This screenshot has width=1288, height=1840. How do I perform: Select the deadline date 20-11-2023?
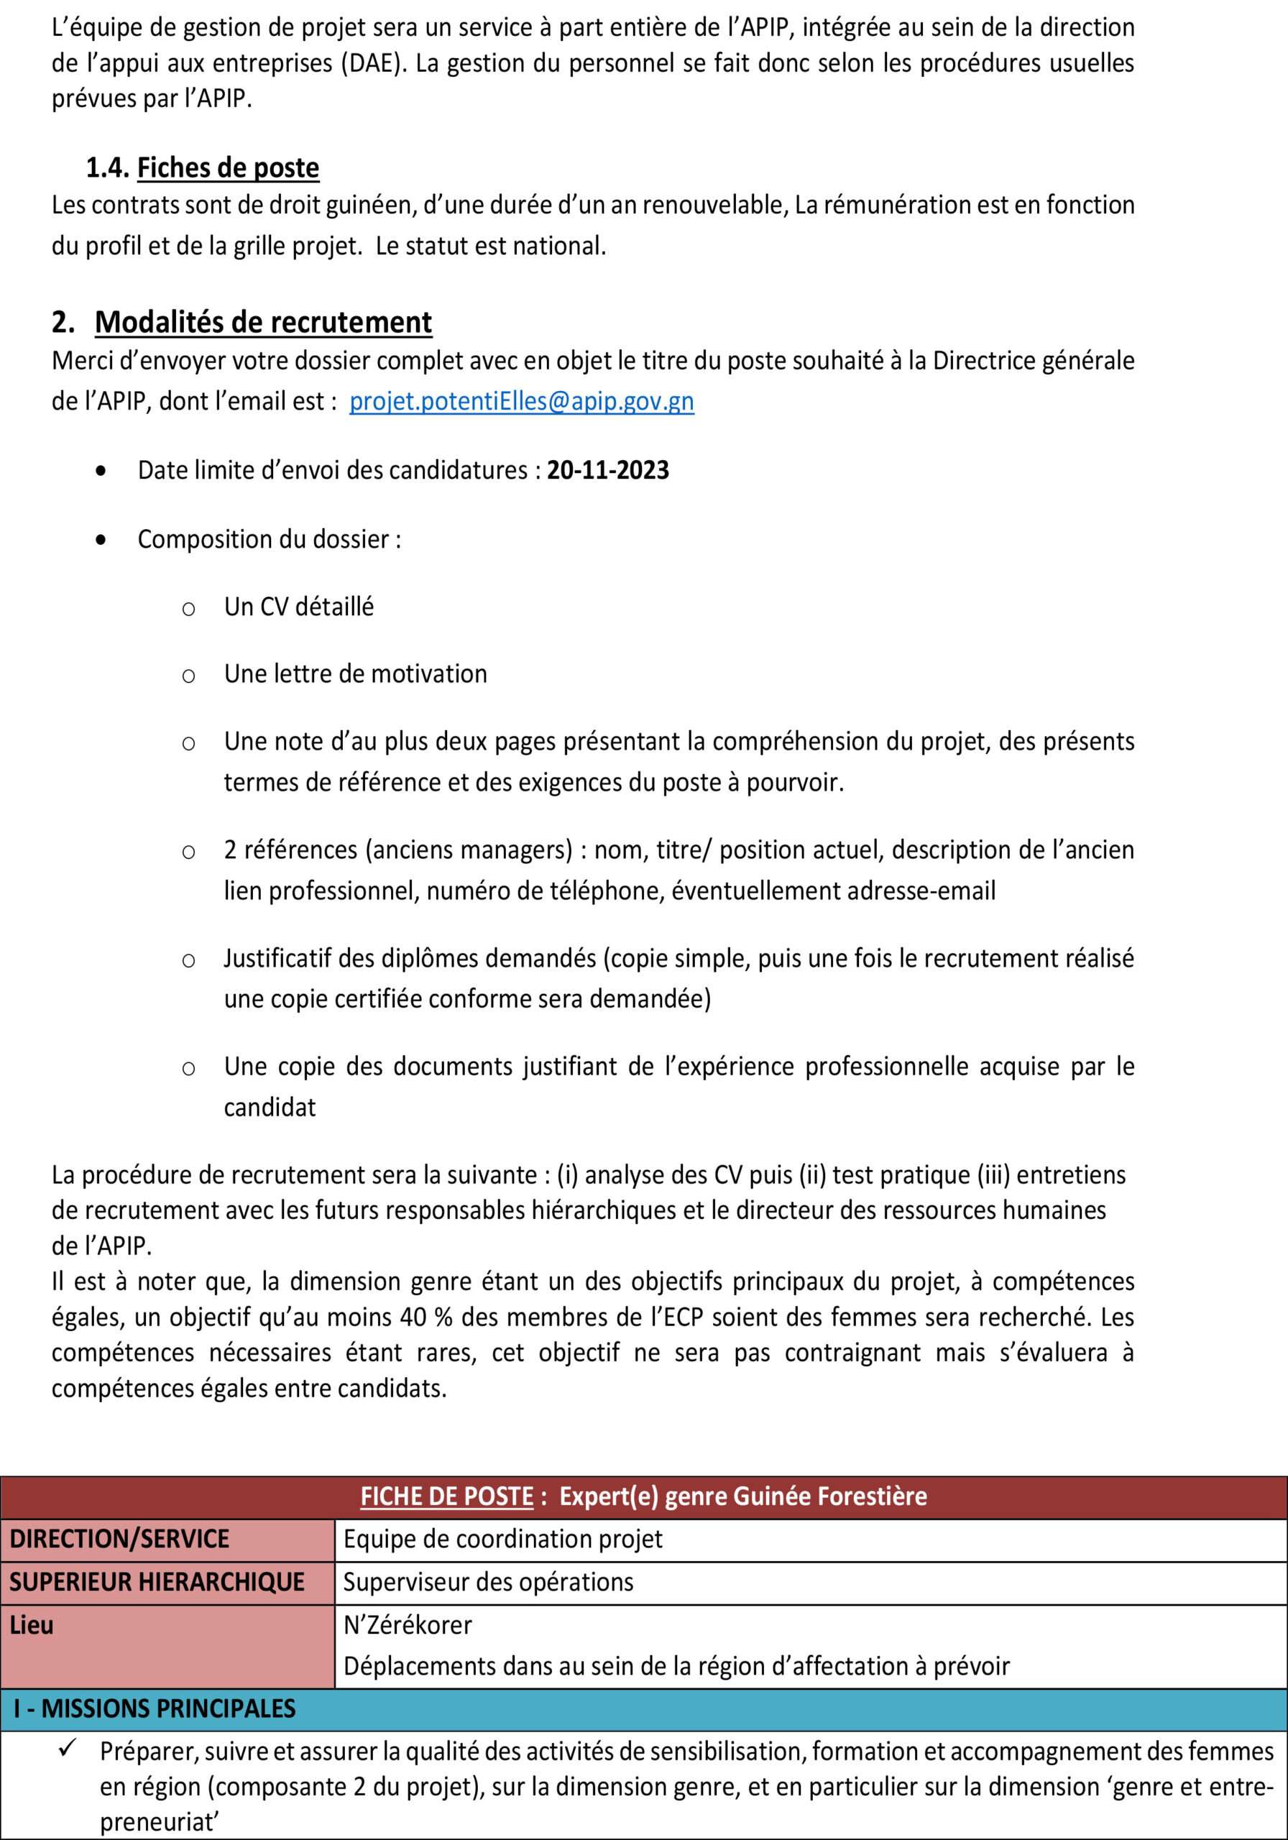click(x=607, y=469)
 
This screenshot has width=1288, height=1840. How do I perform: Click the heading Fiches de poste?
click(x=229, y=167)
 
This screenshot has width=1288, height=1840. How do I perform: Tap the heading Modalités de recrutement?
click(x=263, y=321)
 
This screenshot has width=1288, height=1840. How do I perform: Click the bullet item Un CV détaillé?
click(x=299, y=607)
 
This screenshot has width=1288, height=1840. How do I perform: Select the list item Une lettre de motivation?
click(x=355, y=674)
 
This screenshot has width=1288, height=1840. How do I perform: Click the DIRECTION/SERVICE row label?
click(x=119, y=1539)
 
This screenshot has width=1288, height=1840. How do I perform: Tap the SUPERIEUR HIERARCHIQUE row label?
click(x=157, y=1581)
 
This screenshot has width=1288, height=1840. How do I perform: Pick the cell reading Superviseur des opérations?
click(x=488, y=1581)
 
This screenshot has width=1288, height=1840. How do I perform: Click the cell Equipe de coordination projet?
click(x=502, y=1539)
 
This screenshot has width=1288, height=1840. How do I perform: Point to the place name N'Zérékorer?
click(x=407, y=1624)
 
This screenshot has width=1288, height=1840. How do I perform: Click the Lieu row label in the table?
click(x=32, y=1624)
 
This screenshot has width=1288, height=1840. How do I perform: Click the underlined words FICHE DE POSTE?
click(x=446, y=1496)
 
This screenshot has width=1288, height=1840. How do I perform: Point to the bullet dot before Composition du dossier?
click(x=99, y=540)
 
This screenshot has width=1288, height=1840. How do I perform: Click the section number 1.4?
click(x=109, y=167)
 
